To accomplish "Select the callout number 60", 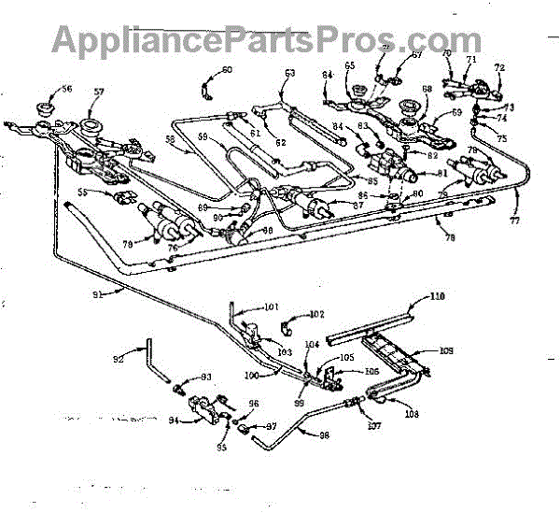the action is (x=228, y=70).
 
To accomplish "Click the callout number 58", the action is (x=170, y=139).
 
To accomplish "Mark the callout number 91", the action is (x=98, y=292).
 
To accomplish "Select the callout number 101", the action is (x=271, y=306).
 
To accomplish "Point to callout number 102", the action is (x=317, y=314).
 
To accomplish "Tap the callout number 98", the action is (x=326, y=435).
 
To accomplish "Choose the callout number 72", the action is (x=499, y=68).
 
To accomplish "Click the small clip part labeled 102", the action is (x=289, y=325).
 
